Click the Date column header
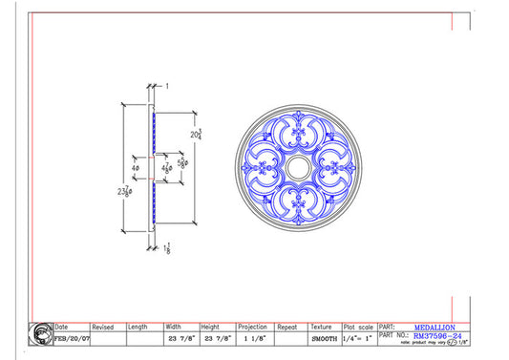(63, 327)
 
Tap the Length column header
(138, 327)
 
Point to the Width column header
(173, 327)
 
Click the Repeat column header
(286, 327)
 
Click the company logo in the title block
(42, 334)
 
